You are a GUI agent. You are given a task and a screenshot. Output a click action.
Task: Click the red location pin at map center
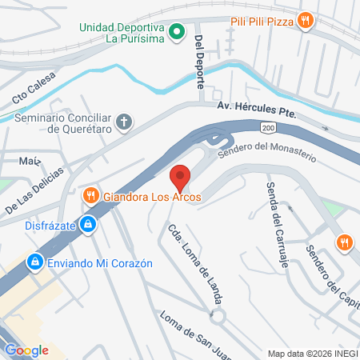(180, 175)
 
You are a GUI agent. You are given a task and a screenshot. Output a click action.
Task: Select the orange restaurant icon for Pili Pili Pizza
(304, 21)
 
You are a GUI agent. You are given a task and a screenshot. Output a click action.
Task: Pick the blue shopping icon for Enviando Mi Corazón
(34, 262)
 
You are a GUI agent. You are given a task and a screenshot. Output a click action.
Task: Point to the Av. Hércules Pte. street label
(256, 112)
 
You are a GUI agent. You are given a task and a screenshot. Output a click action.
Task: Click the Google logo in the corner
(26, 350)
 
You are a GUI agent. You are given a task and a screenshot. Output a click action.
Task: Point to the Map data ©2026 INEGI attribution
(312, 353)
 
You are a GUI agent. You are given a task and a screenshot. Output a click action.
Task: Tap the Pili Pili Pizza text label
(260, 21)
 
